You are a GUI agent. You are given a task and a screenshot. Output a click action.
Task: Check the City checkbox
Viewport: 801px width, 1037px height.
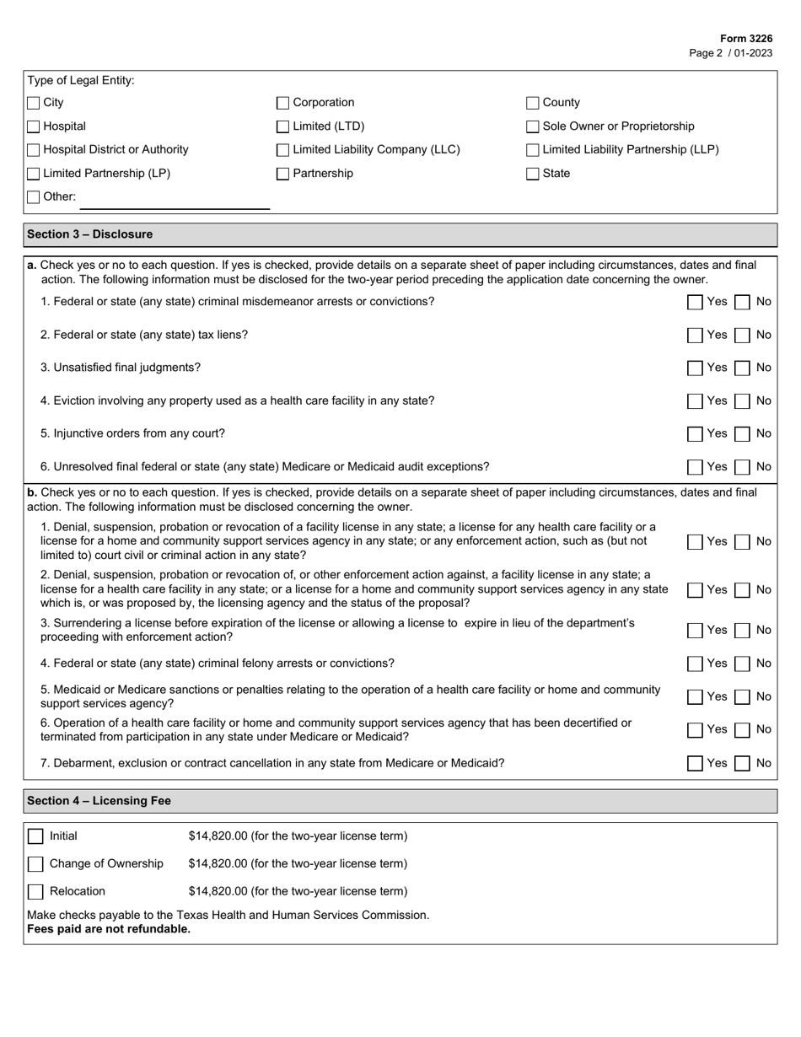[34, 103]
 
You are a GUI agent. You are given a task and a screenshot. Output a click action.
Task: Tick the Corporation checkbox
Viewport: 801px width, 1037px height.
[283, 103]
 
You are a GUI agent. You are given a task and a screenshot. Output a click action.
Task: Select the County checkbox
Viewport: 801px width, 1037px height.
[533, 103]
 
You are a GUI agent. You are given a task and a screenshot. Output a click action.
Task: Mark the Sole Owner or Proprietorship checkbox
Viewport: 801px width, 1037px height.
[533, 126]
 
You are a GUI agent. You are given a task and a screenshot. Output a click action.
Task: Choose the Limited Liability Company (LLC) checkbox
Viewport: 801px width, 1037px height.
[283, 150]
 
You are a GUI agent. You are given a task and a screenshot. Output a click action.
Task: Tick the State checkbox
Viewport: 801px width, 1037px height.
[533, 174]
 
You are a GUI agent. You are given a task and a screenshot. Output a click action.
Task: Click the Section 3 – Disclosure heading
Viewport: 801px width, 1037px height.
[90, 234]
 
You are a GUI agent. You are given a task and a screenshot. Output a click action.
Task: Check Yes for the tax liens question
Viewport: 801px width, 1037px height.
[695, 335]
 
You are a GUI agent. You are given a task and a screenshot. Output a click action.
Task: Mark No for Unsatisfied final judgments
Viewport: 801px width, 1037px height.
[742, 368]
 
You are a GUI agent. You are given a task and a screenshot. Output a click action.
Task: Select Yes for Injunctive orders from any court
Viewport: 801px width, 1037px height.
[695, 433]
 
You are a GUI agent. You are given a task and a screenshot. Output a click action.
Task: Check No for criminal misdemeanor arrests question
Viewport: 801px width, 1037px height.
[742, 302]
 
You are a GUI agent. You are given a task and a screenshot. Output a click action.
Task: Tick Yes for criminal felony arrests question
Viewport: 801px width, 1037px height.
[695, 664]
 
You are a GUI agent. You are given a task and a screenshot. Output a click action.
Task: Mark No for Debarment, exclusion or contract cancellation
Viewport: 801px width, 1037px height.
[742, 763]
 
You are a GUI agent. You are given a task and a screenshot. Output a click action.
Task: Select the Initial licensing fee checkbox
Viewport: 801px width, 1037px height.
[35, 836]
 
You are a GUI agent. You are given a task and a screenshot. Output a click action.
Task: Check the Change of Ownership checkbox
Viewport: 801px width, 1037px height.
[35, 863]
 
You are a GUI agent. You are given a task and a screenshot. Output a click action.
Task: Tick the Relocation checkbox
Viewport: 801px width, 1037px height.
[35, 891]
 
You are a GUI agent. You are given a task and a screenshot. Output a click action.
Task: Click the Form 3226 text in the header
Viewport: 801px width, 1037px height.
[745, 39]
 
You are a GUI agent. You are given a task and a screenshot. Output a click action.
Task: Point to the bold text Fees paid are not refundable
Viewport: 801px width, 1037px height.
[109, 929]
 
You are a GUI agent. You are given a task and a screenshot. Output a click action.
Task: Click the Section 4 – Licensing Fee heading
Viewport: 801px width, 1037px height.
[99, 801]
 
